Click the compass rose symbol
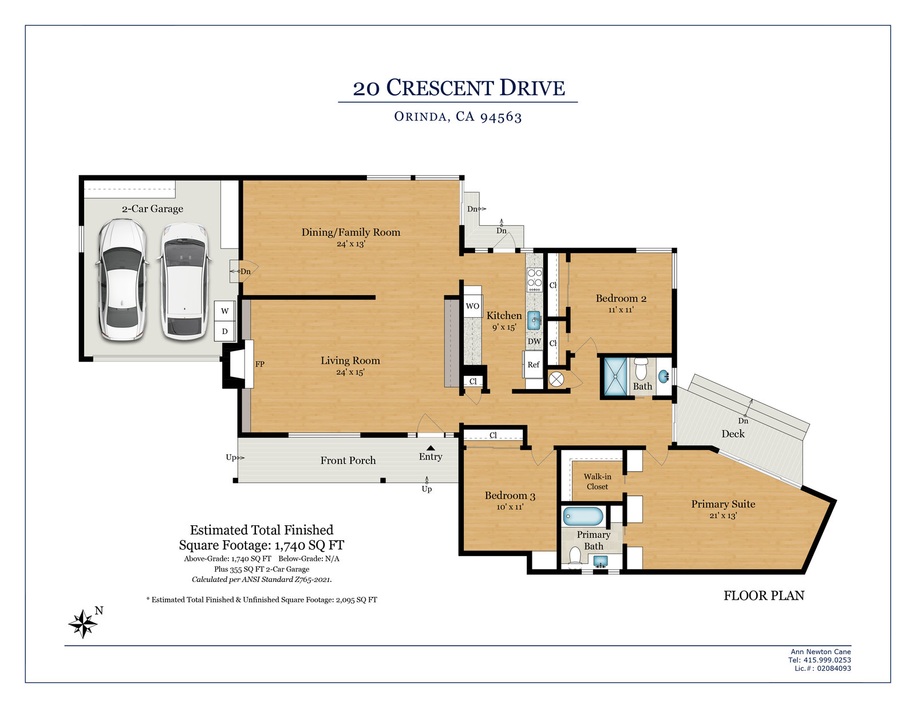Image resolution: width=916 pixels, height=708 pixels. click(x=83, y=623)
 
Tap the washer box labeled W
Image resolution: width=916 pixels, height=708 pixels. click(x=224, y=311)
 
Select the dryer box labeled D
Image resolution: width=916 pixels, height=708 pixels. click(x=224, y=331)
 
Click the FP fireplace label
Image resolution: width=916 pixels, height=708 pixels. click(x=260, y=364)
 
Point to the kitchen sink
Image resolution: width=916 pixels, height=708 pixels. click(x=534, y=320)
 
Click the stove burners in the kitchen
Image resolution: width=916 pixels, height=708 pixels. click(x=535, y=280)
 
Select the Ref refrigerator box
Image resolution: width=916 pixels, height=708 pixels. click(x=533, y=365)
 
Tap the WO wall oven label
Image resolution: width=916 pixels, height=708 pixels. click(x=472, y=306)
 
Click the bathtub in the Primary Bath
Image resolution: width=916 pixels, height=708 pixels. click(x=583, y=516)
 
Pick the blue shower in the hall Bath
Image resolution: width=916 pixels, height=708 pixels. click(x=615, y=376)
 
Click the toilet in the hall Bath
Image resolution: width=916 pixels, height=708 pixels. click(x=641, y=368)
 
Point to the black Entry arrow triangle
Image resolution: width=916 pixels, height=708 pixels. click(x=431, y=448)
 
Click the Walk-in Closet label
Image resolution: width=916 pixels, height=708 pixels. click(x=597, y=481)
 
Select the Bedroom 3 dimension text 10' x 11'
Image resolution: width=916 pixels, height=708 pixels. click(x=510, y=507)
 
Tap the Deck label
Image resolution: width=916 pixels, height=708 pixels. click(x=733, y=434)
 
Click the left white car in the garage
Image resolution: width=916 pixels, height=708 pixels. click(x=123, y=280)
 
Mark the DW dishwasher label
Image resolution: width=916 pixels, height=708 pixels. click(x=534, y=341)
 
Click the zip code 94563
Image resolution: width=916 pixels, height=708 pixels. click(x=501, y=116)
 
